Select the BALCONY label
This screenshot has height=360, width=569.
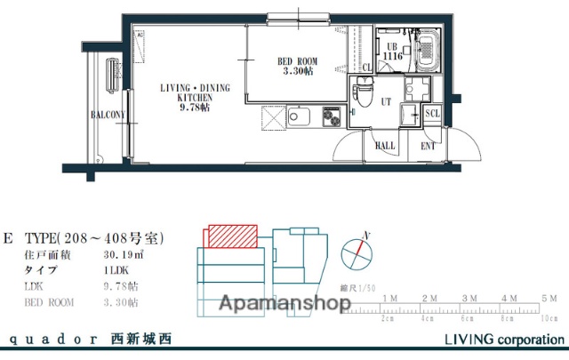[x=107, y=116]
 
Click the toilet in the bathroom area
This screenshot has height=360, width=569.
[x=363, y=92]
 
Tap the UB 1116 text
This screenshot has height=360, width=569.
[x=393, y=51]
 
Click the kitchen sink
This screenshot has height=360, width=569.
[x=297, y=116]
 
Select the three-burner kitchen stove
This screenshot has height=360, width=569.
[x=331, y=116]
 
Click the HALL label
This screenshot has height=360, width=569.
[x=385, y=145]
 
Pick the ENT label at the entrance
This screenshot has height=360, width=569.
[x=428, y=145]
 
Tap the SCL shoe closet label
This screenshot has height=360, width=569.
[x=432, y=113]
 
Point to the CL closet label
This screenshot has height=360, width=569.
[x=367, y=67]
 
